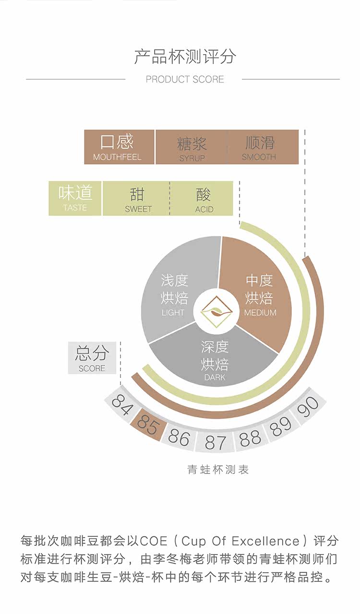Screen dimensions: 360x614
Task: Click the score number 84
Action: tap(121, 402)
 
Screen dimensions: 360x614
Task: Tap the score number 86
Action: tap(179, 437)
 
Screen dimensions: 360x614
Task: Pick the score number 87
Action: tap(215, 442)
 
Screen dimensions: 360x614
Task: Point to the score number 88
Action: tap(250, 438)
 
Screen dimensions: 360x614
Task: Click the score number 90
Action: tap(308, 405)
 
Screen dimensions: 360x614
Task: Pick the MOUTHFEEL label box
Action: tap(119, 147)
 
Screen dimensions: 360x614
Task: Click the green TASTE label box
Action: tap(75, 198)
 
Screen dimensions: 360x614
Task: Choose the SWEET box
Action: tap(137, 199)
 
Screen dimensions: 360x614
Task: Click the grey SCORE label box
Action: tap(92, 358)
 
